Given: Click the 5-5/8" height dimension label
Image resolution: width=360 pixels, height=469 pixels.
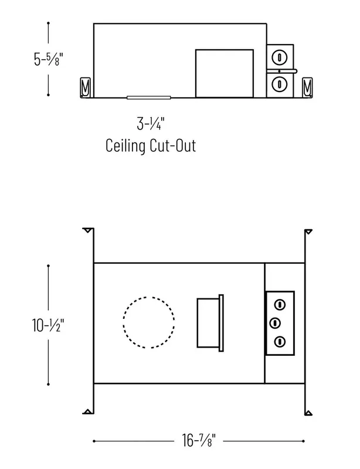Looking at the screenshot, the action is click(x=49, y=59).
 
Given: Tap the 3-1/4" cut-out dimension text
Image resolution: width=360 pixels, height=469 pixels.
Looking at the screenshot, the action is click(x=151, y=124).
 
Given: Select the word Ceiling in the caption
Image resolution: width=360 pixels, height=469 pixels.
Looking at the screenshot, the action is click(x=125, y=145).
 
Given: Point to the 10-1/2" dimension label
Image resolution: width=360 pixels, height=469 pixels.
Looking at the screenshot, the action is click(x=48, y=325).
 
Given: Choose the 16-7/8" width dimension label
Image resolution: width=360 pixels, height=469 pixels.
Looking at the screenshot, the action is click(x=199, y=440).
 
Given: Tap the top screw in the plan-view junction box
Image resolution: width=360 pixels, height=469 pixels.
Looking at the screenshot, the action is click(x=280, y=305).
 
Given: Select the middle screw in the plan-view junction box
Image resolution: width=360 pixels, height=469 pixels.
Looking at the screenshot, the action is click(x=275, y=323).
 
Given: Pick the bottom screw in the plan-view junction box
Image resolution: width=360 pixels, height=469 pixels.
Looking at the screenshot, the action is click(x=280, y=342).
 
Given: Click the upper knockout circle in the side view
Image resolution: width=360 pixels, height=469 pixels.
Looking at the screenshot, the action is click(x=280, y=57).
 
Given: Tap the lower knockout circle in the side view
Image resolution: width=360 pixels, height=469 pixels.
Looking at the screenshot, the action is click(x=280, y=84).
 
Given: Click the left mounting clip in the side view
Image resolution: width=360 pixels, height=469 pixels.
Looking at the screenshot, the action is click(x=85, y=87).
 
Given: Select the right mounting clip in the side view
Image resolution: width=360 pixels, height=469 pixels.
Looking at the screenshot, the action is click(x=307, y=87).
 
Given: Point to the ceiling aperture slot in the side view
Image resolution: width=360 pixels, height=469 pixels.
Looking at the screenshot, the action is click(x=149, y=97).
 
